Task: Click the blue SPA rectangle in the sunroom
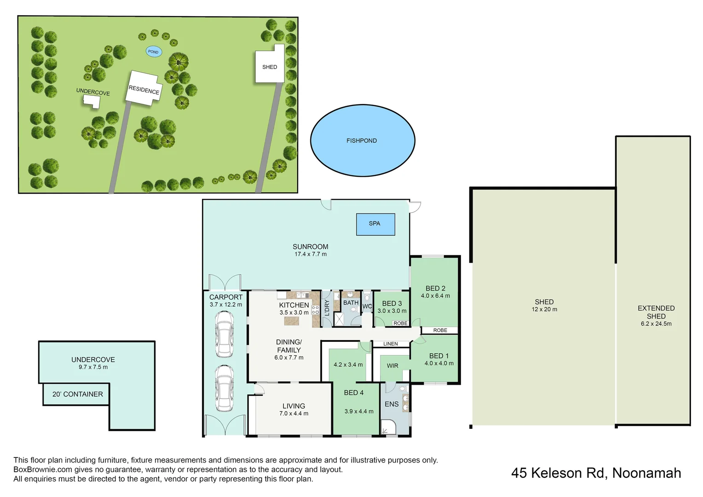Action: point(375,224)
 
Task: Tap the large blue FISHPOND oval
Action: point(362,140)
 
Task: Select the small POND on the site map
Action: point(153,52)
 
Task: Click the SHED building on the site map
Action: point(269,67)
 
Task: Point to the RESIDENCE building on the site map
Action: point(144,89)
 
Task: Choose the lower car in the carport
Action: point(225,388)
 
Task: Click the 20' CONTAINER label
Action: point(77,394)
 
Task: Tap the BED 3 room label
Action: point(392,304)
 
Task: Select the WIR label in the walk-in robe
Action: point(392,366)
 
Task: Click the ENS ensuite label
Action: point(392,405)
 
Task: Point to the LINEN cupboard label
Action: point(390,344)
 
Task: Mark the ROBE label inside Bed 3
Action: point(400,324)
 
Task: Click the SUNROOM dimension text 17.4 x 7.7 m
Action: point(310,254)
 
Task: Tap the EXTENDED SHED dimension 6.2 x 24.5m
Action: point(656,324)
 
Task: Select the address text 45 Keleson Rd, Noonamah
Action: point(596,473)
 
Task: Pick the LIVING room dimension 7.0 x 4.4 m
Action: point(294,414)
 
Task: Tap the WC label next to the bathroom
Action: point(367,306)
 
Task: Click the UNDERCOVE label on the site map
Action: point(93,92)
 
